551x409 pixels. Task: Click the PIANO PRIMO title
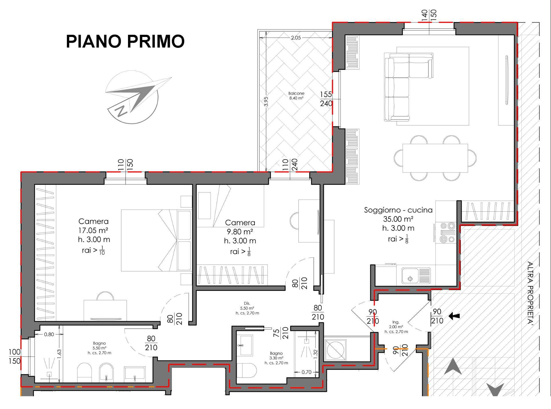[125, 42]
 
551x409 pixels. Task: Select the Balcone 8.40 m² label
[296, 96]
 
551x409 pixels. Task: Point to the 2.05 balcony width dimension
[296, 38]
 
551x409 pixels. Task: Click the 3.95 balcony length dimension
[266, 102]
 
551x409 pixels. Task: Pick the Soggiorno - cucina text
[398, 210]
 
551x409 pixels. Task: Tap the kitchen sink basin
[410, 276]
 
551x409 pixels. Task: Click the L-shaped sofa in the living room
[402, 83]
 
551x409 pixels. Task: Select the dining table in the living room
[435, 158]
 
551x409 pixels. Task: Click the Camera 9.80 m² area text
[240, 232]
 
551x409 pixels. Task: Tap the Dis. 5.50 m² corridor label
[247, 308]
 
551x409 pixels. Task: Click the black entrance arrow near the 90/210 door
[454, 316]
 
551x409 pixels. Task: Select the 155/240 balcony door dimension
[326, 99]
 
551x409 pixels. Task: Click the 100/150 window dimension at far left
[15, 356]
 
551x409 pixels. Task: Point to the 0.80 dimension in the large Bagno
[49, 334]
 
